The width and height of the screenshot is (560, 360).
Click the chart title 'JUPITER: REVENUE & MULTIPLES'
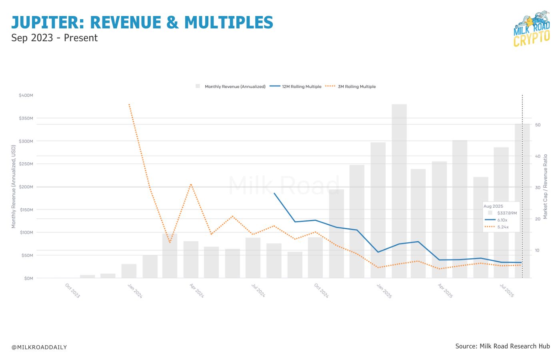(x=142, y=22)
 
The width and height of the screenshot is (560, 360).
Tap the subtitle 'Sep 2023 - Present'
(x=54, y=38)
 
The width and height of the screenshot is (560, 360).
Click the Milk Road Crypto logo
(x=532, y=29)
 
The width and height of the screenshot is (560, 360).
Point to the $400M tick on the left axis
(x=26, y=96)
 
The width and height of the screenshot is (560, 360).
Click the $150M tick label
(x=26, y=210)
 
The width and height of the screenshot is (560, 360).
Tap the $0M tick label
(x=28, y=278)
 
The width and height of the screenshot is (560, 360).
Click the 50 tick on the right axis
(x=538, y=125)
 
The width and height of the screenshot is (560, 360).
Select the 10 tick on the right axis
(x=538, y=250)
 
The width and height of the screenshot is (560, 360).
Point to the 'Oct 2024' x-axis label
(x=321, y=291)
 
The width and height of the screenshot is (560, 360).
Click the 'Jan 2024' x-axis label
(x=135, y=291)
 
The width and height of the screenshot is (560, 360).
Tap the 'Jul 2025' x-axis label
(x=507, y=291)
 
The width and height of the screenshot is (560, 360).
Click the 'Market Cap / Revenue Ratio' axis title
(x=545, y=187)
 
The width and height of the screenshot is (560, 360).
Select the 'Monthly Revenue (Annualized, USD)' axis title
(x=14, y=187)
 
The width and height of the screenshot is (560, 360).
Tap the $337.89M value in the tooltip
(x=507, y=213)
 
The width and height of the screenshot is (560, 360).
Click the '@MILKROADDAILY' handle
(x=39, y=347)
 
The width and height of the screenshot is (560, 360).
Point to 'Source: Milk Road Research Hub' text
(x=502, y=346)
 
